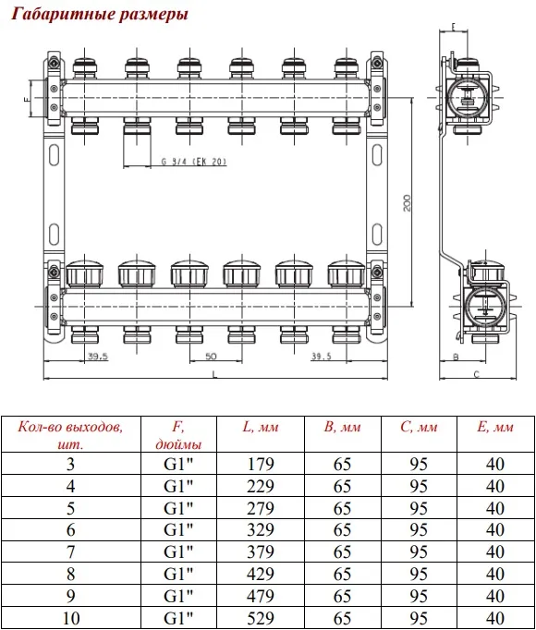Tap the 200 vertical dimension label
tap(407, 203)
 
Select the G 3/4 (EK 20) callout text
tap(194, 162)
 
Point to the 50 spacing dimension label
tap(211, 356)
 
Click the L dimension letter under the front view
tap(214, 374)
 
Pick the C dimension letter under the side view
tap(477, 374)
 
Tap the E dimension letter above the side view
tap(454, 27)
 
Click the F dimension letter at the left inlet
tap(27, 99)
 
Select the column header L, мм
tap(261, 427)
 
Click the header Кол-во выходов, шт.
tap(70, 435)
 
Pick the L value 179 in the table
tap(261, 464)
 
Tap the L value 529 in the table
tap(261, 618)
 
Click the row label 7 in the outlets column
tap(70, 552)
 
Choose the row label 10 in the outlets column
tap(71, 618)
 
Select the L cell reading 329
tap(261, 530)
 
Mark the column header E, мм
tap(495, 427)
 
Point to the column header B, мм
tap(342, 427)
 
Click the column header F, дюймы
tap(178, 435)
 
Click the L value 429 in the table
tap(261, 575)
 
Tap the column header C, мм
tap(419, 427)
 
